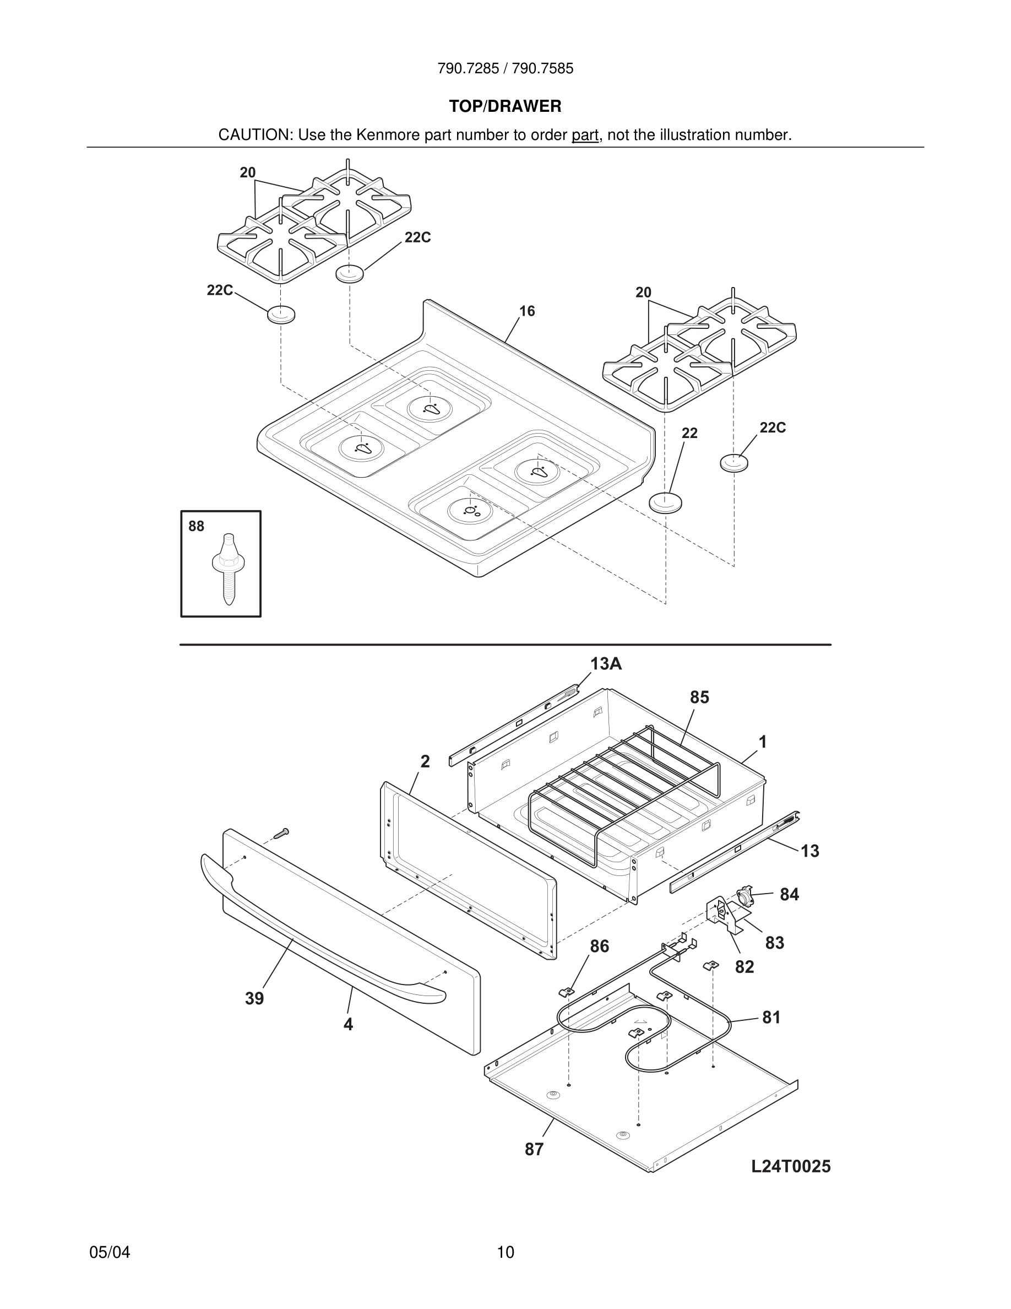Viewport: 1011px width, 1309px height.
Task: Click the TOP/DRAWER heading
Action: [x=505, y=107]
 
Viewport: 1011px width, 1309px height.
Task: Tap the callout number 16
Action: [x=527, y=311]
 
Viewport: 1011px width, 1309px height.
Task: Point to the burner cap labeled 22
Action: [x=665, y=502]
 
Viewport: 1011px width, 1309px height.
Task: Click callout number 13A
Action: [x=606, y=664]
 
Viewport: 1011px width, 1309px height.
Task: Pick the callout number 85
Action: [x=699, y=697]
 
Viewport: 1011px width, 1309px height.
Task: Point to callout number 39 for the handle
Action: [x=254, y=998]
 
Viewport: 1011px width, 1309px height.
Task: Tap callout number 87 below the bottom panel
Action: [x=534, y=1150]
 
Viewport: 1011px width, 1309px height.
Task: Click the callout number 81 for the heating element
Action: [x=771, y=1017]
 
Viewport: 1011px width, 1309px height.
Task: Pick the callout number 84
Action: [x=790, y=894]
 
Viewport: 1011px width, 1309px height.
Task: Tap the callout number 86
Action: [x=599, y=946]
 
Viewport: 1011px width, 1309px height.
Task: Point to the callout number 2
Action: [x=425, y=761]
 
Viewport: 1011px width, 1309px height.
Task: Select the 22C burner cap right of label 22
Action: [x=734, y=463]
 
